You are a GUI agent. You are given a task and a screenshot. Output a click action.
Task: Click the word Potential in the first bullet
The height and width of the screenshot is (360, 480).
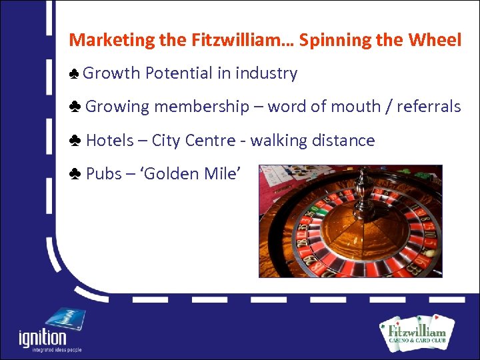click(x=175, y=73)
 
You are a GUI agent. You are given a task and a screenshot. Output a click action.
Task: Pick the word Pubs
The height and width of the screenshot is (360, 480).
click(x=103, y=174)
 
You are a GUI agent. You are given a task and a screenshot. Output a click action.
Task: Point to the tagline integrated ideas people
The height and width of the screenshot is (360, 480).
click(x=50, y=350)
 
